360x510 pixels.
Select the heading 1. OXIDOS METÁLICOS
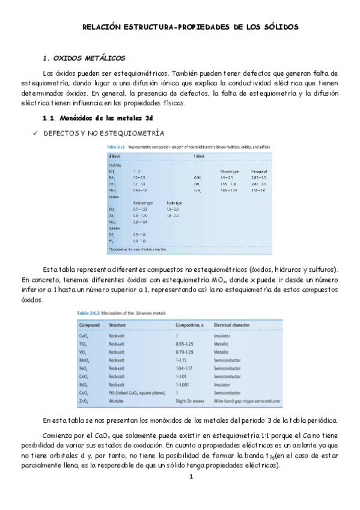pos(85,58)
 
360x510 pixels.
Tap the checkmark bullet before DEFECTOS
pos(35,132)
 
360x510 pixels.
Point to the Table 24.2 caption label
pos(90,313)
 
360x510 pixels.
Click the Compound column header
pos(90,325)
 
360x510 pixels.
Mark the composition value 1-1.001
pos(183,383)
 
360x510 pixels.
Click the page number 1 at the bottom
pos(190,478)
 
